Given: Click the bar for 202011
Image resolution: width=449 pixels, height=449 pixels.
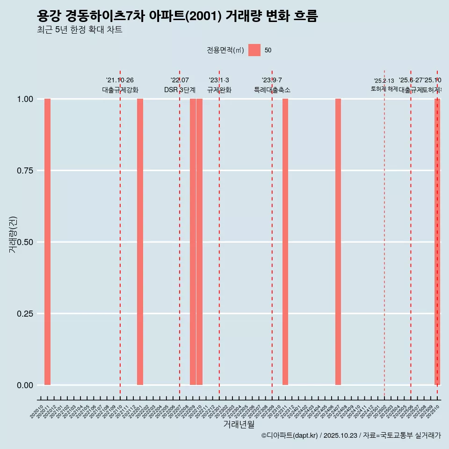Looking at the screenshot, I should coord(47,242).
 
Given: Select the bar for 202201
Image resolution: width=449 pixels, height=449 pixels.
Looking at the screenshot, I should coord(140,242).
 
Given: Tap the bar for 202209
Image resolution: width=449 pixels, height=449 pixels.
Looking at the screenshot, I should coord(193,242).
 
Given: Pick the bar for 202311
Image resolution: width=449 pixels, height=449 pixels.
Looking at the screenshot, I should coord(285,242).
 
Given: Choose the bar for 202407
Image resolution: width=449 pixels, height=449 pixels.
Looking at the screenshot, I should coord(338,242).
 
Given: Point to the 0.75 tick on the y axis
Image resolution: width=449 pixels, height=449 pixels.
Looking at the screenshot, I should coord(25,171).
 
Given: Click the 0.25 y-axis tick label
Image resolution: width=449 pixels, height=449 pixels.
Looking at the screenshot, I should coord(25,314).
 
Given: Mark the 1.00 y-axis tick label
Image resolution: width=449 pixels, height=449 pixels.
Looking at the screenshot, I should coord(25,99).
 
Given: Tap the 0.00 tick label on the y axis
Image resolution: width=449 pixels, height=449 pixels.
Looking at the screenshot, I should coord(25,385).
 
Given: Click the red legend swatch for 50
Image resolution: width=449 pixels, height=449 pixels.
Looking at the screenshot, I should coord(254,50).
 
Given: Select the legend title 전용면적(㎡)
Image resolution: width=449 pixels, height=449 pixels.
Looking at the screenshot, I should coord(225,50).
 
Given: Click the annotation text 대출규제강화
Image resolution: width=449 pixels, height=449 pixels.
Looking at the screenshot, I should coord(120,90).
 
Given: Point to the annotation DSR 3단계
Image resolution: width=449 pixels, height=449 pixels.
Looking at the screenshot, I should coord(180,90).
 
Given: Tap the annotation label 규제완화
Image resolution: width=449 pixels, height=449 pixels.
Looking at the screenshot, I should coord(219,90).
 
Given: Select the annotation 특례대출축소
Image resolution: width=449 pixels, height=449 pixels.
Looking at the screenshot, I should coord(272,90).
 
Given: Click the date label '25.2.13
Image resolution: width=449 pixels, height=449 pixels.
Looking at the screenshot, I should coord(384,81).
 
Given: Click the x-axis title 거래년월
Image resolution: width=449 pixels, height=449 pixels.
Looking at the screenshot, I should coord(239,424).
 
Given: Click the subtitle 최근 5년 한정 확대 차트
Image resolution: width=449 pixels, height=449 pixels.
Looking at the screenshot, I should coord(80,30).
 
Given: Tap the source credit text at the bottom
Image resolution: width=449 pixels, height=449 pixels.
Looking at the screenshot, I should coord(351,435).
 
